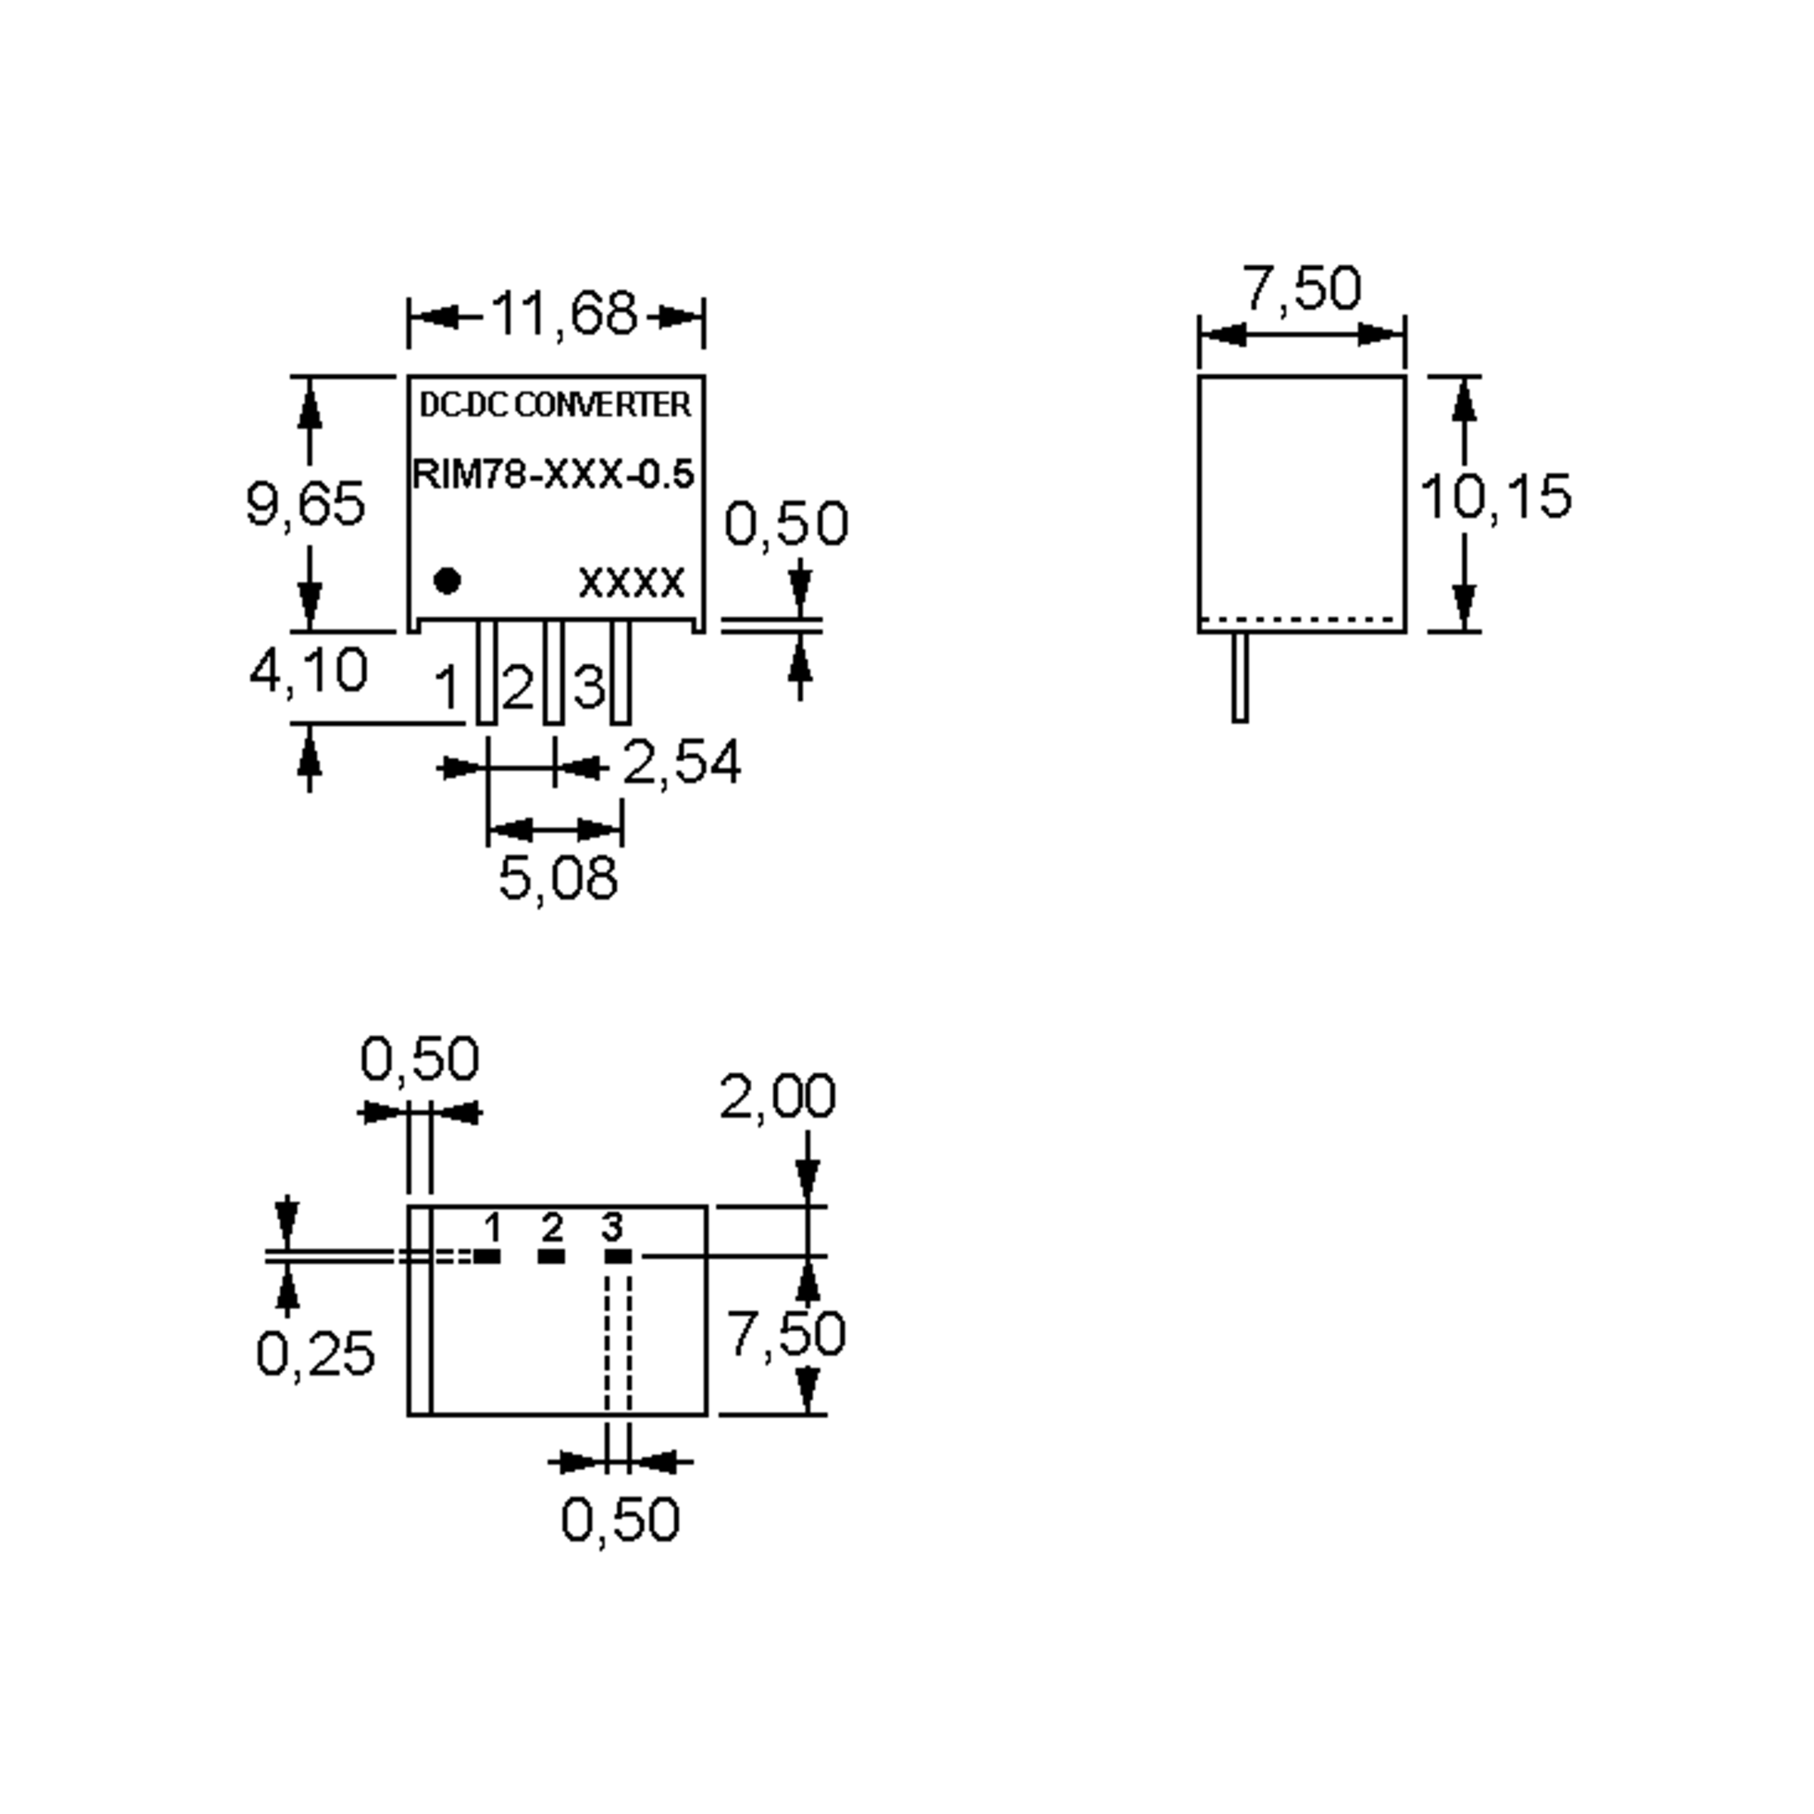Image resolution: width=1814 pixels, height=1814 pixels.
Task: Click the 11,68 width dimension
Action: click(x=563, y=314)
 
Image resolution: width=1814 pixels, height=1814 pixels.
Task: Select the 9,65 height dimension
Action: click(x=305, y=503)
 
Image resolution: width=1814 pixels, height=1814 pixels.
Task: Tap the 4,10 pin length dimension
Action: click(x=308, y=671)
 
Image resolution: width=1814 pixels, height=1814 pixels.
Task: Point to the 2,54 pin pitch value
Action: click(x=682, y=763)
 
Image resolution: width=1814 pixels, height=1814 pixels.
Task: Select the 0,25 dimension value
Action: click(x=315, y=1354)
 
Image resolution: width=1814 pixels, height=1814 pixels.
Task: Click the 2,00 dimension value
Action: click(x=778, y=1097)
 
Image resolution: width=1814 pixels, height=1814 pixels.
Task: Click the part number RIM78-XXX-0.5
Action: click(x=554, y=474)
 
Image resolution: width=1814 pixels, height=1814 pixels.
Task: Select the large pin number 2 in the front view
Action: click(x=517, y=689)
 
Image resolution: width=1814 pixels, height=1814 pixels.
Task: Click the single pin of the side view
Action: click(x=1240, y=678)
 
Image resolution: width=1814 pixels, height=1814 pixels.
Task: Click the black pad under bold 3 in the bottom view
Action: click(x=617, y=1256)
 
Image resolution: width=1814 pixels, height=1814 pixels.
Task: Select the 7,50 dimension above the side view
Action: click(x=1302, y=288)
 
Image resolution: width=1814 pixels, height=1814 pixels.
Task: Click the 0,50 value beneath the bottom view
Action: click(x=620, y=1519)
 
